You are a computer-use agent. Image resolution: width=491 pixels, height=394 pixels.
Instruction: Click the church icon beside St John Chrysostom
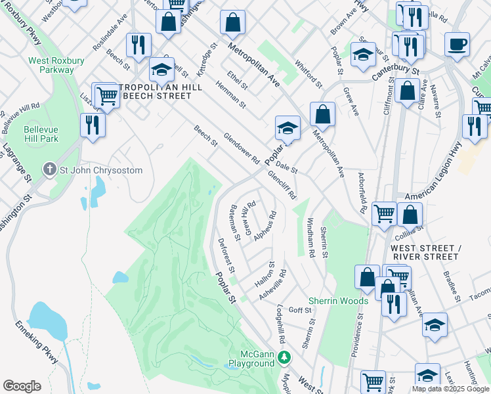pyautogui.click(x=49, y=170)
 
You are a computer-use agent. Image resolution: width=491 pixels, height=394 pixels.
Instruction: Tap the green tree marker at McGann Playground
pyautogui.click(x=284, y=358)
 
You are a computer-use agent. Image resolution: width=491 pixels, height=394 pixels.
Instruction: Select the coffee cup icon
pyautogui.click(x=457, y=44)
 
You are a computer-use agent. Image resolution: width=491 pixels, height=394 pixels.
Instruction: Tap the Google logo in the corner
pyautogui.click(x=22, y=386)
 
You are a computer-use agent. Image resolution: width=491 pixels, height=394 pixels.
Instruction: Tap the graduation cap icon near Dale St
pyautogui.click(x=288, y=128)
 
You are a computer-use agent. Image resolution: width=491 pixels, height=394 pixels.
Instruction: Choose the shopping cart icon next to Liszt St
pyautogui.click(x=107, y=97)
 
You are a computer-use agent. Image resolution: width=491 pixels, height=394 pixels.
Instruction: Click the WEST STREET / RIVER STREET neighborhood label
pyautogui.click(x=423, y=252)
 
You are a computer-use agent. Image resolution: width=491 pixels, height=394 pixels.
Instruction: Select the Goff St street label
pyautogui.click(x=300, y=310)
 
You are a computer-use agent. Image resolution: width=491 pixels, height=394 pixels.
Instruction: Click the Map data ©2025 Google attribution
pyautogui.click(x=450, y=389)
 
